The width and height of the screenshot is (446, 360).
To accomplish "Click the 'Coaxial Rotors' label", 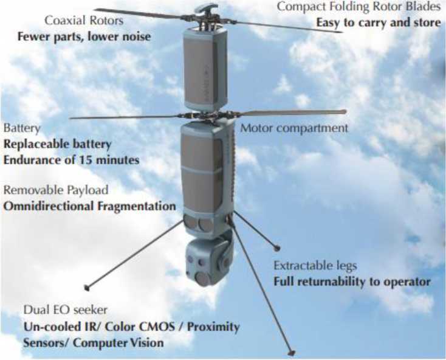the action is (84, 21).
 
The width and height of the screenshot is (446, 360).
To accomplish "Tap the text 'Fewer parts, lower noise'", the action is (84, 36).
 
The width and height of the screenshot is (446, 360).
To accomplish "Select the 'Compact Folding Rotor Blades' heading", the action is (359, 7).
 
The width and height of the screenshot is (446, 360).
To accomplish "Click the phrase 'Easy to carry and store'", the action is (379, 22).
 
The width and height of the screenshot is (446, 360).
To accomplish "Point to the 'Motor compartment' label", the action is (294, 128).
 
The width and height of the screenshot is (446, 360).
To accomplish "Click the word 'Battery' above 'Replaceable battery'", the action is (22, 128).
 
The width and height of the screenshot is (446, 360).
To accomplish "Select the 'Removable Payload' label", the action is (56, 190).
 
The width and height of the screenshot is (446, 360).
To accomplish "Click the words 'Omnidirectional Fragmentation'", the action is (89, 206).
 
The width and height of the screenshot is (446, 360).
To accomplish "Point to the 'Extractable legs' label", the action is (315, 266).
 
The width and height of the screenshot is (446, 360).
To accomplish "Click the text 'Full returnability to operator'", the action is (352, 282).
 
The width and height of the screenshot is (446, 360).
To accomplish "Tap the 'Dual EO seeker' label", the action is (66, 310).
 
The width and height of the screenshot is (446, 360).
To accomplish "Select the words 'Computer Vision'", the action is (118, 342).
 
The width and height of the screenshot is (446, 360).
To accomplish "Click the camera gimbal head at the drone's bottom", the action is (209, 262).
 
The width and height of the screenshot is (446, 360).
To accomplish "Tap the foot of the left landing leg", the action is (87, 288).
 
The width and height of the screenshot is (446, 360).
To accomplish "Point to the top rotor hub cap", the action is (207, 9).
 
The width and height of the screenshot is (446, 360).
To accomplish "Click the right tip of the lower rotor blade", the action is (345, 111).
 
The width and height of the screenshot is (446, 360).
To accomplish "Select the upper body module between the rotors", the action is (205, 68).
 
